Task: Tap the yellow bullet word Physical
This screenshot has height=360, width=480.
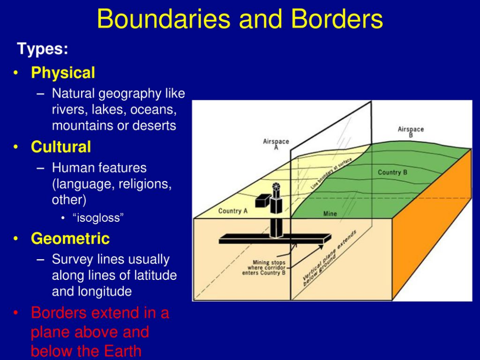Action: pyautogui.click(x=63, y=73)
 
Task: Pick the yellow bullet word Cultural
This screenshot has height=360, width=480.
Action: pyautogui.click(x=61, y=147)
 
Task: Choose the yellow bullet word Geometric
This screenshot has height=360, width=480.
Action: pyautogui.click(x=70, y=239)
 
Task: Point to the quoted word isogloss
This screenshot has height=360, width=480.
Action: pyautogui.click(x=98, y=217)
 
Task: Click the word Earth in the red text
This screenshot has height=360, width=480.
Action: pyautogui.click(x=122, y=351)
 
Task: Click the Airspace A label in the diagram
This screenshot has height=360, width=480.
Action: pyautogui.click(x=276, y=144)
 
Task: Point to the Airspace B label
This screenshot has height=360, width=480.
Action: pyautogui.click(x=411, y=132)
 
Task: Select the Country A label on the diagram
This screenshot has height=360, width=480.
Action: pyautogui.click(x=233, y=211)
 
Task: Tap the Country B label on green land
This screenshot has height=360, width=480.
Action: pyautogui.click(x=393, y=172)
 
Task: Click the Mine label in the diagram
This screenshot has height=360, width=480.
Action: pyautogui.click(x=330, y=214)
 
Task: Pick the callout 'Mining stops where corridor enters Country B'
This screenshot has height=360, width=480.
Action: pyautogui.click(x=264, y=267)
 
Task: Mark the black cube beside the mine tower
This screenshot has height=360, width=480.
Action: pyautogui.click(x=263, y=201)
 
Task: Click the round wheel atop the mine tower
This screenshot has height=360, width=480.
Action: pyautogui.click(x=276, y=186)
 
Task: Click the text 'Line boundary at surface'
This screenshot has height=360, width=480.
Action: pyautogui.click(x=331, y=173)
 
